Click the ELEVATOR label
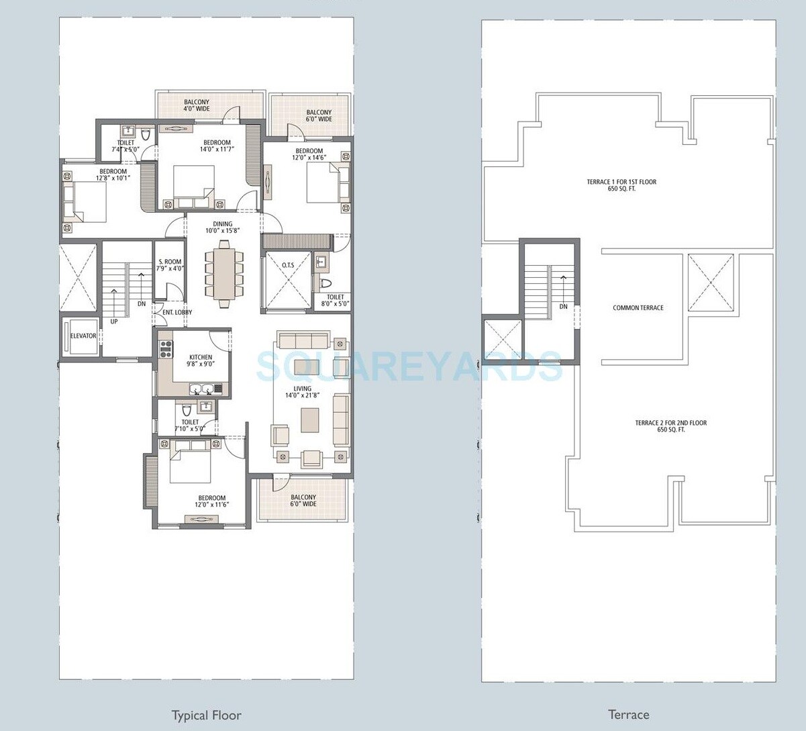point(83,336)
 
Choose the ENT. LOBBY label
point(177,312)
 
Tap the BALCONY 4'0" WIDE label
point(197,105)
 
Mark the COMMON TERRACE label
point(638,308)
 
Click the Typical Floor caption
point(206,715)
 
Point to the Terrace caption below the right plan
point(628,715)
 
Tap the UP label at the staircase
point(113,322)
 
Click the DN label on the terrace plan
point(563,306)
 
